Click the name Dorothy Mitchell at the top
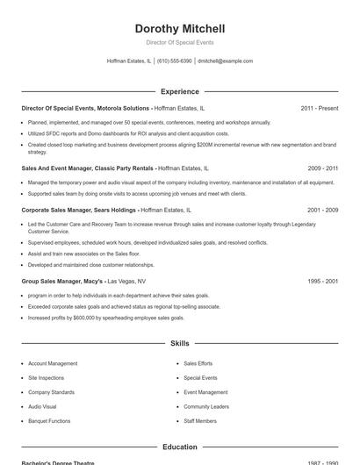coord(179,28)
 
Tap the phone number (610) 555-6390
coord(175,61)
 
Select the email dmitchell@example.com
coord(226,61)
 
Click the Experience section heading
coord(179,91)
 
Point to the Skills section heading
coord(179,344)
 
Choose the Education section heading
coord(179,447)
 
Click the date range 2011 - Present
coord(319,108)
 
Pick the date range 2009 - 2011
coord(322,168)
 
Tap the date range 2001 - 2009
coord(322,211)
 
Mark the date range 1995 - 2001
coord(322,281)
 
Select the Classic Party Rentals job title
coord(88,168)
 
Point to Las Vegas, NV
coord(126,281)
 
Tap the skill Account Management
coord(53,363)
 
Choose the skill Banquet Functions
coord(49,421)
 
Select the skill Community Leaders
coord(206,406)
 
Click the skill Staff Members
coord(200,421)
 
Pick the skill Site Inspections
coord(46,377)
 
